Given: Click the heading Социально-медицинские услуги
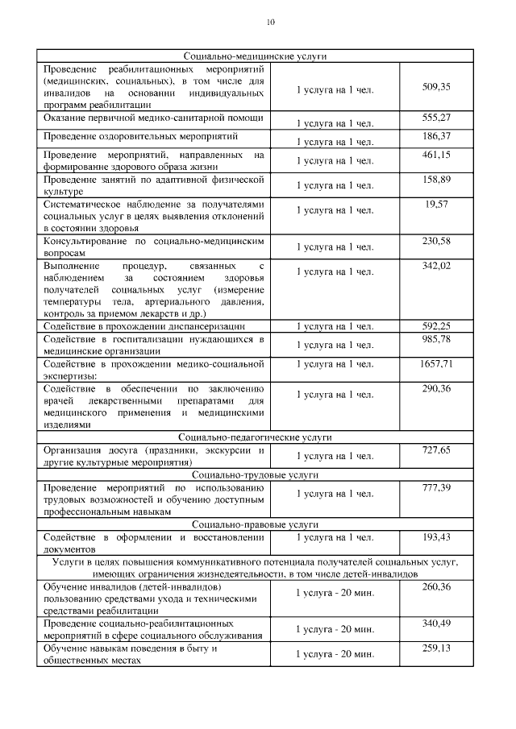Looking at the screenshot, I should click(255, 56).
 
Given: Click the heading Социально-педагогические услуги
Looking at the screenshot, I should click(255, 437).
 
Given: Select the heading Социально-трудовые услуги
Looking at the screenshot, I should click(255, 474).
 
